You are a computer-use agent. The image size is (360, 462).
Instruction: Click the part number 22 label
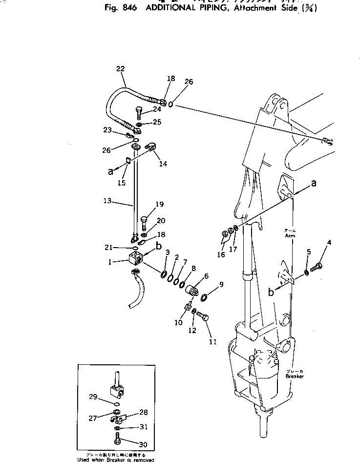click(x=120, y=69)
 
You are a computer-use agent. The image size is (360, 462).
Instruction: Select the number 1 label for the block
click(x=110, y=262)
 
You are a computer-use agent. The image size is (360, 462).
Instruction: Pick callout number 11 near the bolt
click(x=212, y=342)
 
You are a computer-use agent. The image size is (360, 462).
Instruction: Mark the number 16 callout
click(x=221, y=254)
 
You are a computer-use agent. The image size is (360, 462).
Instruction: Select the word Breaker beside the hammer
click(x=295, y=377)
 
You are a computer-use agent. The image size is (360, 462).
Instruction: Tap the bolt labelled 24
click(x=140, y=114)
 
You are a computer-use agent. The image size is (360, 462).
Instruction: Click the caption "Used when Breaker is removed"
click(x=116, y=459)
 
